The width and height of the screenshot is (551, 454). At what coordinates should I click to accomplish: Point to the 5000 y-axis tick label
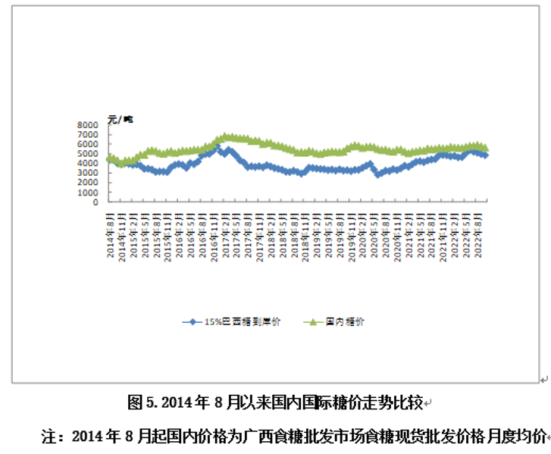point(88,154)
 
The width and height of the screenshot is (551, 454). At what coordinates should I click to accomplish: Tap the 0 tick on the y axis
point(96,203)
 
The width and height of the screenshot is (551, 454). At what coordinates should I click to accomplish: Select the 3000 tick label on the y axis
point(88,174)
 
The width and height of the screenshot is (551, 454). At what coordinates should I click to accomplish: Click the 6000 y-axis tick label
point(88,144)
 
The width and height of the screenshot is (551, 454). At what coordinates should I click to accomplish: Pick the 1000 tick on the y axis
point(88,193)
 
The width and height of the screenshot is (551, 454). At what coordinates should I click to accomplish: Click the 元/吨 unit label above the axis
point(120,118)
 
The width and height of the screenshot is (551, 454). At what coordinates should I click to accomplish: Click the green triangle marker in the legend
point(312,322)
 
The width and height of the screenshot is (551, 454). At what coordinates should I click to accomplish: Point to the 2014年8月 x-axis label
point(111,234)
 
